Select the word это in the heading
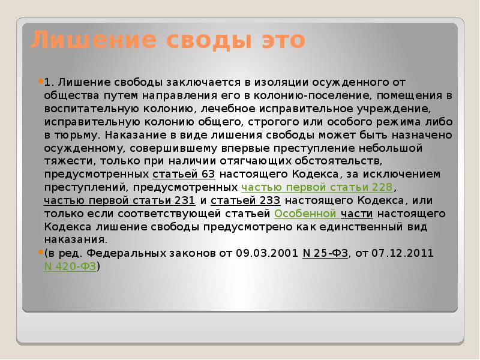click(x=283, y=40)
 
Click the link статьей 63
click(x=184, y=174)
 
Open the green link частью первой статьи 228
click(x=317, y=187)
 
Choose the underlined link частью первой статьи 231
click(x=119, y=200)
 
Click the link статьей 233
click(x=245, y=200)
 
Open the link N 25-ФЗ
click(x=325, y=253)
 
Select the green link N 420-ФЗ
click(x=70, y=266)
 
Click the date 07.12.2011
click(x=402, y=253)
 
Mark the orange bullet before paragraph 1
click(x=41, y=82)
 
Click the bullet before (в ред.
click(x=41, y=252)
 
